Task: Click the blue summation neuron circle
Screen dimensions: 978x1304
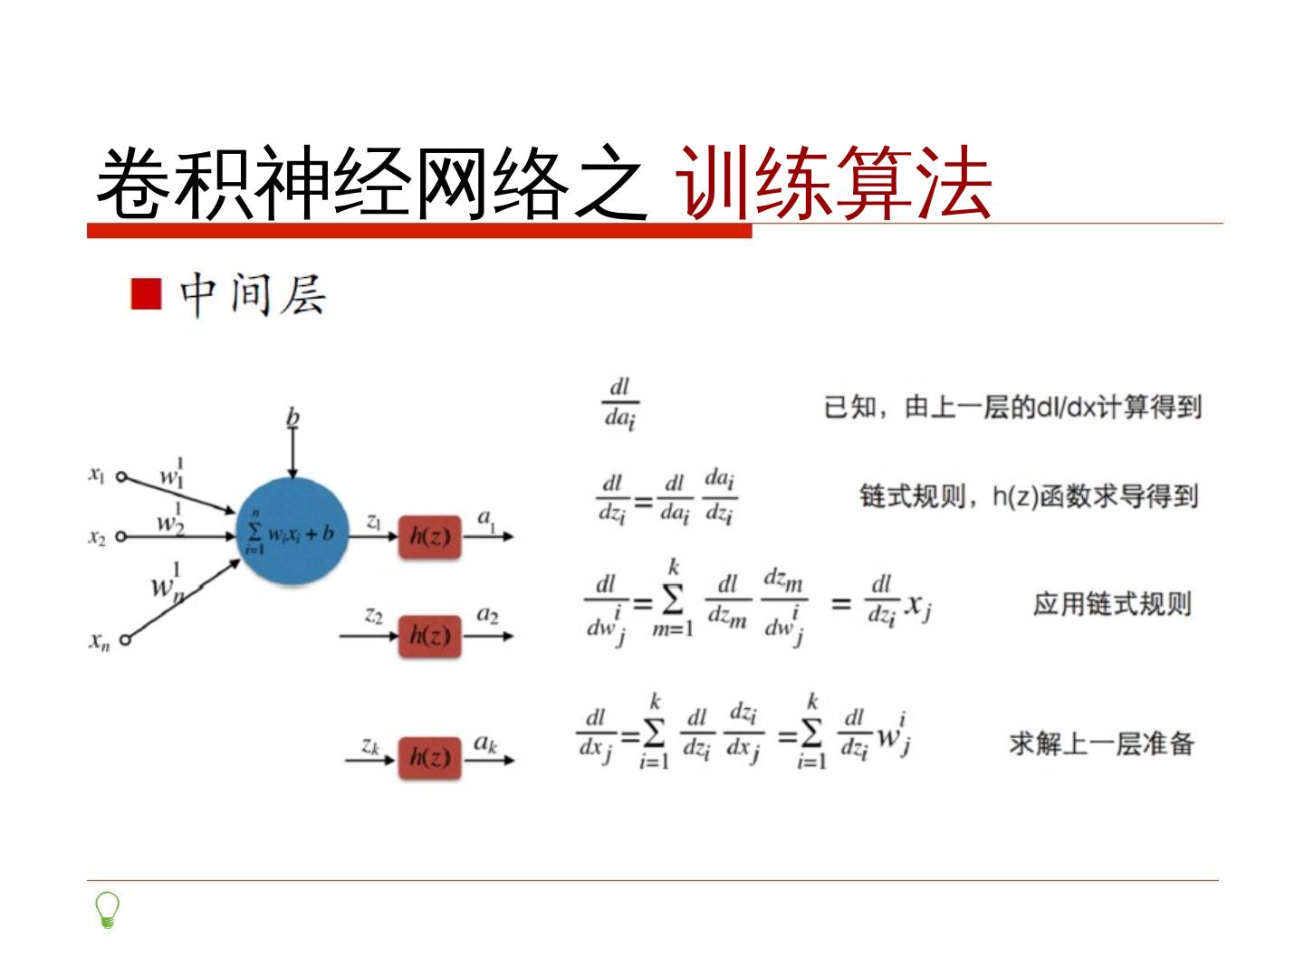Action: (x=292, y=532)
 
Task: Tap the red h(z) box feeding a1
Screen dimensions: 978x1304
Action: (x=430, y=536)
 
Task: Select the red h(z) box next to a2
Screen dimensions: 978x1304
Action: (x=430, y=636)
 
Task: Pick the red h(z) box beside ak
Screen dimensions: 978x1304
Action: (x=430, y=757)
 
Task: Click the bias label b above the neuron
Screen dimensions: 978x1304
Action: (x=292, y=417)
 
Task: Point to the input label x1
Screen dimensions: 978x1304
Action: (x=97, y=474)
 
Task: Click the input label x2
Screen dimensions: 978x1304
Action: (x=97, y=537)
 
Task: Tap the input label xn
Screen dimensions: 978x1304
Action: (x=99, y=642)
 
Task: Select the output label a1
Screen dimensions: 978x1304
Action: (x=486, y=518)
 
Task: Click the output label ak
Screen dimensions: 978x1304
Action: (x=486, y=743)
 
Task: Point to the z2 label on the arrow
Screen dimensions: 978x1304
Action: (x=373, y=616)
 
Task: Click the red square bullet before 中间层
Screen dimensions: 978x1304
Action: (x=146, y=294)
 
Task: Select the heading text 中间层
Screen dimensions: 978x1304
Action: (x=253, y=295)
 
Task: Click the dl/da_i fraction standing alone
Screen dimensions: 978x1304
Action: (x=620, y=403)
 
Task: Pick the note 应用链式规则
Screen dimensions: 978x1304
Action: (x=1112, y=604)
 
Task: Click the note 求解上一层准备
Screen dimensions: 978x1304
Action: (x=1101, y=743)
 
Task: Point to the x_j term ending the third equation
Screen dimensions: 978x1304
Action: (x=918, y=605)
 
